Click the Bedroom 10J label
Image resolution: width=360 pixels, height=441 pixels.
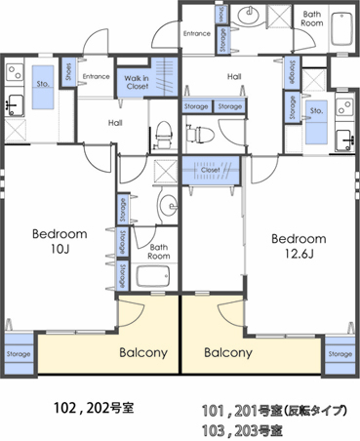click(60, 241)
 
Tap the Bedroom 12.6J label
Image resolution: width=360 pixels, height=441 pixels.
click(298, 245)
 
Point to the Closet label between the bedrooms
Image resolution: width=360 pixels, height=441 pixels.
click(211, 169)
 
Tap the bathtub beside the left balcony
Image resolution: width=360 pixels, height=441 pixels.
click(154, 276)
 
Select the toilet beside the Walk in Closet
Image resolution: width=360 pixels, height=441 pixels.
click(164, 129)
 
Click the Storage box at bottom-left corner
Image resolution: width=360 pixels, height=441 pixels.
click(18, 353)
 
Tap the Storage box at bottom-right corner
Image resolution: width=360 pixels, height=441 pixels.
click(340, 353)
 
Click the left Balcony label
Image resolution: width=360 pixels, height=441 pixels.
click(141, 353)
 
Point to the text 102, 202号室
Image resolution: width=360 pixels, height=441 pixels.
click(93, 407)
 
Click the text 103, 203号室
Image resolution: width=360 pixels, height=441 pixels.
click(245, 429)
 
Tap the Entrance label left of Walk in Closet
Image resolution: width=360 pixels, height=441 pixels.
click(96, 76)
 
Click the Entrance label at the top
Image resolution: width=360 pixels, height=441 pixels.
click(196, 33)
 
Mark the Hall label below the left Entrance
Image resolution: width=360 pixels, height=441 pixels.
click(115, 122)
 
